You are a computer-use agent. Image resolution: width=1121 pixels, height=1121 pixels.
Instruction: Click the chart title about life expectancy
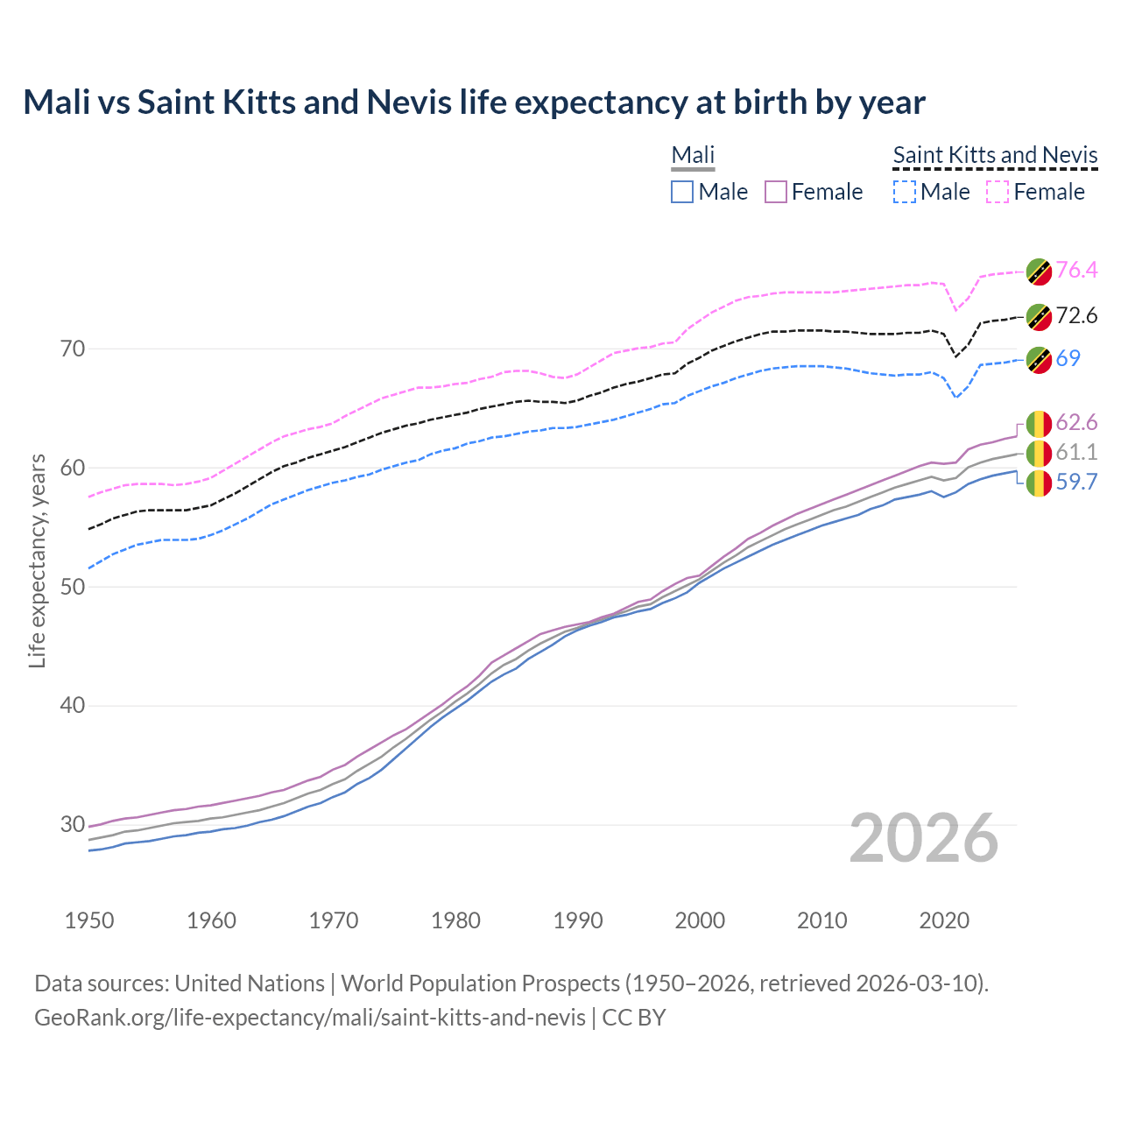coord(474,102)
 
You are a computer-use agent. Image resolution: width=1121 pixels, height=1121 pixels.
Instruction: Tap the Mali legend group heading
coord(693,156)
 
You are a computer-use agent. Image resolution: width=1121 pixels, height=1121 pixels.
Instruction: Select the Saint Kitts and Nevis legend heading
coord(995,156)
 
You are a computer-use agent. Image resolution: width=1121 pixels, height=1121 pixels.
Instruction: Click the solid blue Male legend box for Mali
coord(682,192)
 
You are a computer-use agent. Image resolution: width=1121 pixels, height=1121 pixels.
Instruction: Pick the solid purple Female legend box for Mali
coord(776,192)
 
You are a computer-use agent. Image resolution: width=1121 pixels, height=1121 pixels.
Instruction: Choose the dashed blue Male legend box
coord(904,192)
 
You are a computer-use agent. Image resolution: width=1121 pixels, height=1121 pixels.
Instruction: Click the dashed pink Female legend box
coord(998,192)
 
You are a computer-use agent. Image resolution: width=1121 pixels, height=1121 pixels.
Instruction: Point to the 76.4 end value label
coord(1076,270)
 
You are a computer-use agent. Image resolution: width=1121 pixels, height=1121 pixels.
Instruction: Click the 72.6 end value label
coord(1076,315)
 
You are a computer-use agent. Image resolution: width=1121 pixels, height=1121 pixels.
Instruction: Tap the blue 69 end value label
coord(1068,358)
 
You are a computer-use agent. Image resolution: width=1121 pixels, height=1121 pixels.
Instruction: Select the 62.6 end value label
coord(1076,423)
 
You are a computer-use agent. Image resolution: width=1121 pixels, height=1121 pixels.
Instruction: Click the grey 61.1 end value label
coord(1076,452)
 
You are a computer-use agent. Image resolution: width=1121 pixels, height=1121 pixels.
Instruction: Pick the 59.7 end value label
coord(1076,483)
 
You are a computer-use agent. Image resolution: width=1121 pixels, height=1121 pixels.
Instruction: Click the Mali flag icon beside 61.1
coord(1039,453)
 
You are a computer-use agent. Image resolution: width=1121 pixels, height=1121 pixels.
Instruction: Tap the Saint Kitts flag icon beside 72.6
coord(1039,316)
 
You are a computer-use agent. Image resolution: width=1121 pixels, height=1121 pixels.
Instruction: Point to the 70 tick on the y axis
coord(74,349)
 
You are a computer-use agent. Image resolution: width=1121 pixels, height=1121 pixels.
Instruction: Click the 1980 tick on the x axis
coord(455,920)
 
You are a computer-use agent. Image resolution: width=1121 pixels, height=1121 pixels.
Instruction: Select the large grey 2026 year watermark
coord(923,838)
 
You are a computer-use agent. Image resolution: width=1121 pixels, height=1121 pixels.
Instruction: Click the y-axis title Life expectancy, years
coord(38,560)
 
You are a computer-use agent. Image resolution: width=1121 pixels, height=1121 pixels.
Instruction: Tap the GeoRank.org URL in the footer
coord(310,1018)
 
